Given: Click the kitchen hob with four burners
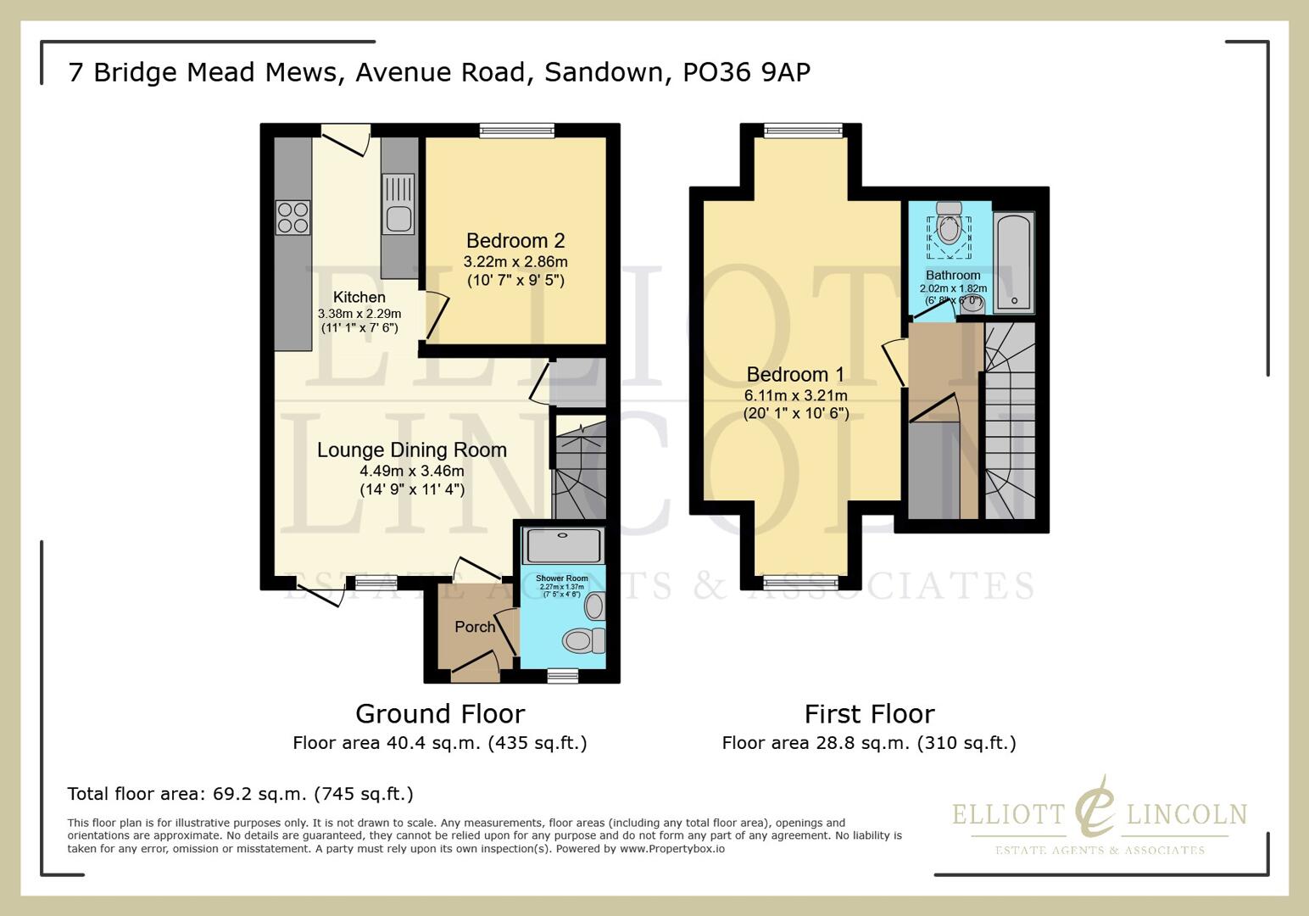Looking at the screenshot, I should tap(292, 217).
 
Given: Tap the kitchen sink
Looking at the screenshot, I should tap(398, 204).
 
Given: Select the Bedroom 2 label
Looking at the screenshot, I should tap(515, 241).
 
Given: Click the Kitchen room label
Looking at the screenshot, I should tap(359, 297).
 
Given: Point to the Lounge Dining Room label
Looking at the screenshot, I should tap(412, 450).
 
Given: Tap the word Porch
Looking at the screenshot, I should tap(475, 627).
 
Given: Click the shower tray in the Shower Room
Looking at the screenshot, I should tap(564, 545).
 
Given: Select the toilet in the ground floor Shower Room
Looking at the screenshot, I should tap(582, 640).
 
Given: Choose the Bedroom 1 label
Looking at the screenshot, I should tap(795, 374).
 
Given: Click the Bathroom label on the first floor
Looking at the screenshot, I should tap(953, 276).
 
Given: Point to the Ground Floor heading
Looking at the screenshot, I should tap(440, 714).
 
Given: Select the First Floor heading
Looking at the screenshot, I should tap(869, 714).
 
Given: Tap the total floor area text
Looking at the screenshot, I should tap(240, 794).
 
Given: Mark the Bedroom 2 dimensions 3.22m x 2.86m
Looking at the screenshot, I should tap(515, 262).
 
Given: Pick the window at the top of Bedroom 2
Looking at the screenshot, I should tap(516, 130).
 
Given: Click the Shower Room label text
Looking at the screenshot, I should tap(561, 578).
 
